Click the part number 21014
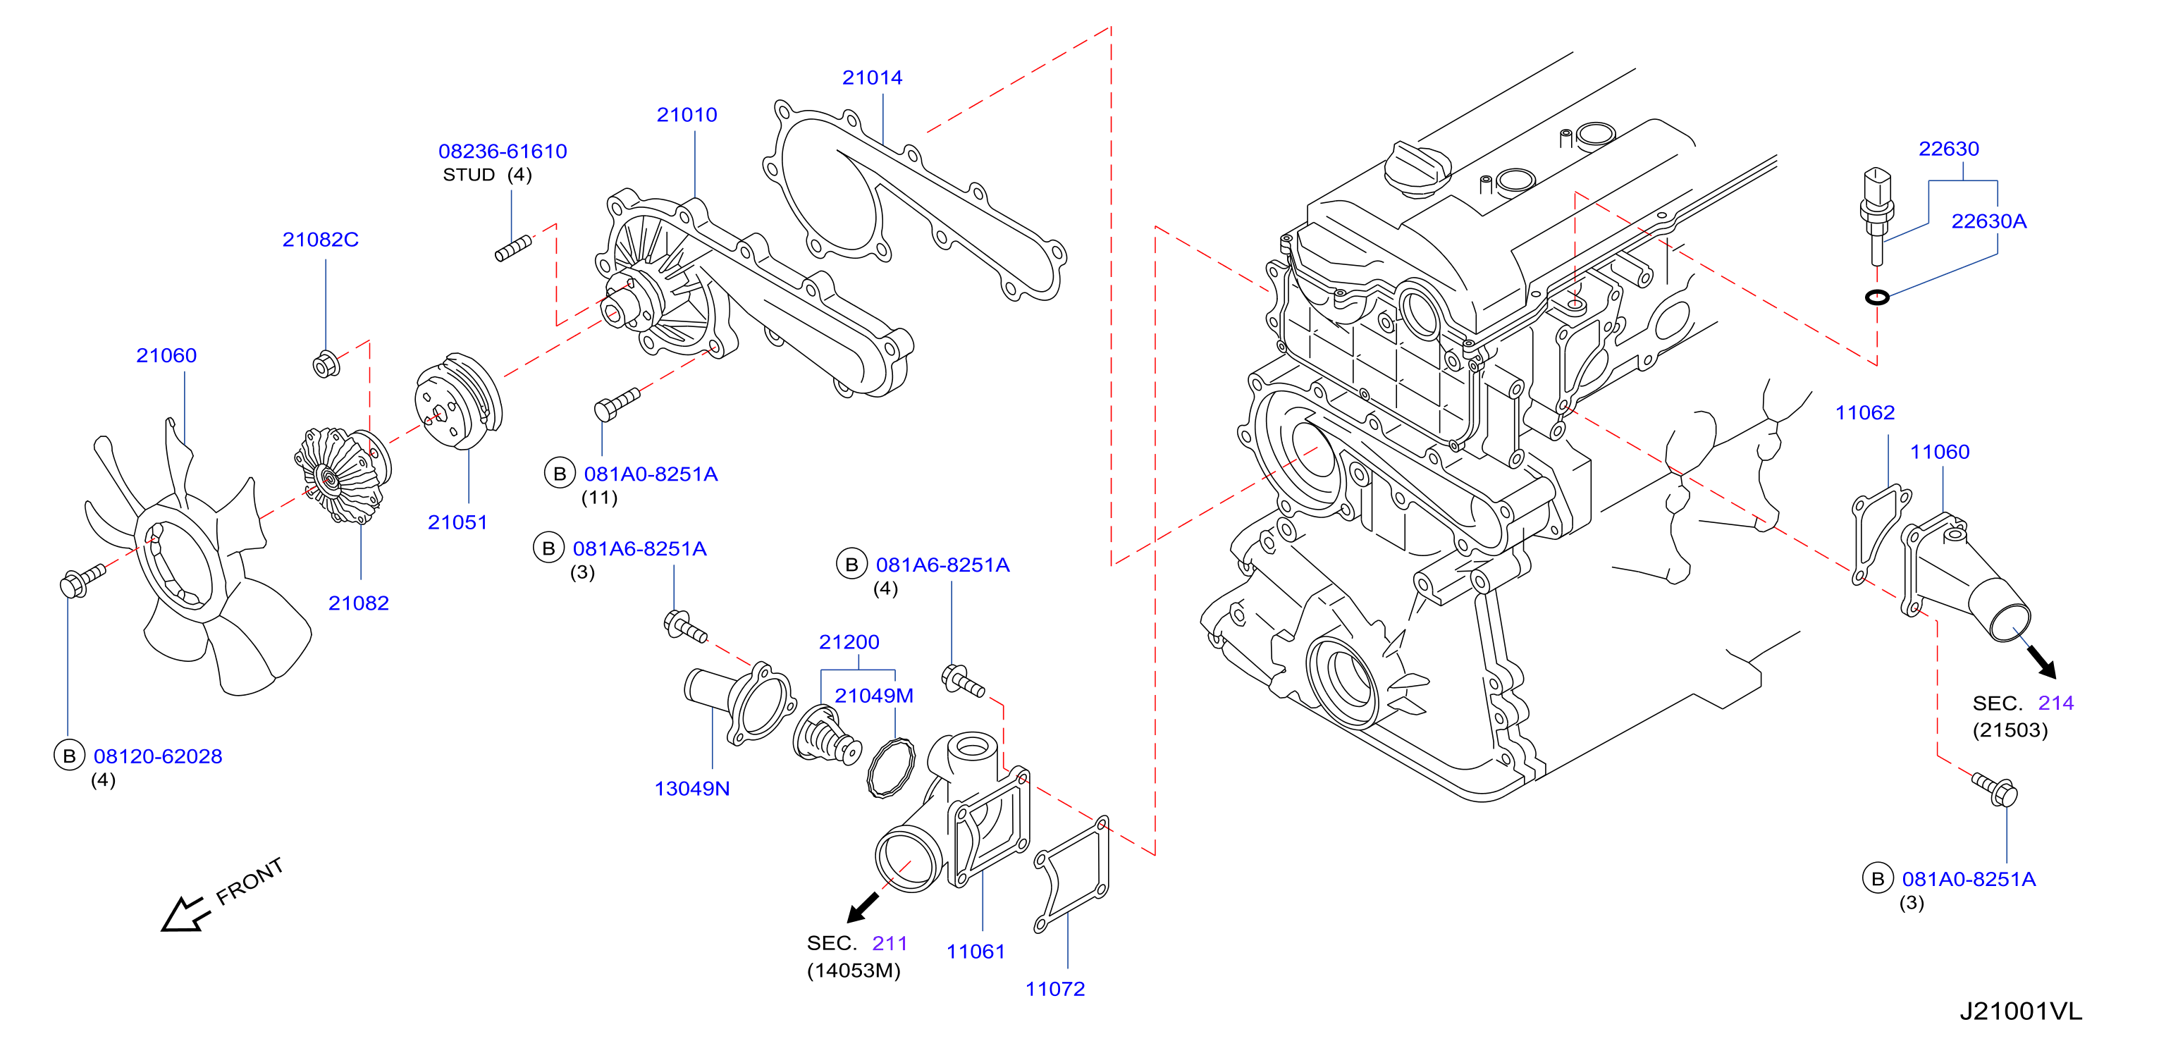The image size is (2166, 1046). pyautogui.click(x=872, y=78)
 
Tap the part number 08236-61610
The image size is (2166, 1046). pyautogui.click(x=503, y=152)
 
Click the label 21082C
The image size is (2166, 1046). pyautogui.click(x=321, y=240)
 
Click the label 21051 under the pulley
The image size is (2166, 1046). pyautogui.click(x=457, y=522)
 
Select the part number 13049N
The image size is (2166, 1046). pyautogui.click(x=692, y=789)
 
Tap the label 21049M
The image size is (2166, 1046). pyautogui.click(x=873, y=696)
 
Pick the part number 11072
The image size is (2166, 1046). pyautogui.click(x=1054, y=989)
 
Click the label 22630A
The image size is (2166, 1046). pyautogui.click(x=1988, y=221)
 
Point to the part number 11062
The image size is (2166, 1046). pyautogui.click(x=1864, y=413)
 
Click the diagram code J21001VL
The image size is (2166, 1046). pyautogui.click(x=2021, y=1011)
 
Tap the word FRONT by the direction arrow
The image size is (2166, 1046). pyautogui.click(x=249, y=881)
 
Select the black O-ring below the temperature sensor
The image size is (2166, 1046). pyautogui.click(x=1877, y=297)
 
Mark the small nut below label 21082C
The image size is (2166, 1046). pyautogui.click(x=326, y=364)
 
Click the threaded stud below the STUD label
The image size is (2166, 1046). pyautogui.click(x=513, y=249)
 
